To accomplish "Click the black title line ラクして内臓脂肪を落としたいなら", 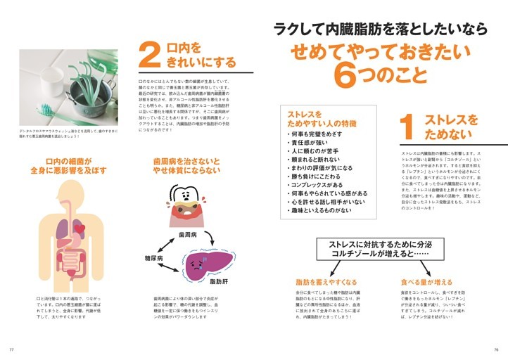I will [x=380, y=29].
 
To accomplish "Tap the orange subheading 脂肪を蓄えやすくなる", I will [x=326, y=283].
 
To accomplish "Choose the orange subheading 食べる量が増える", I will [x=426, y=283].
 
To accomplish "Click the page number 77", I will [x=11, y=350].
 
